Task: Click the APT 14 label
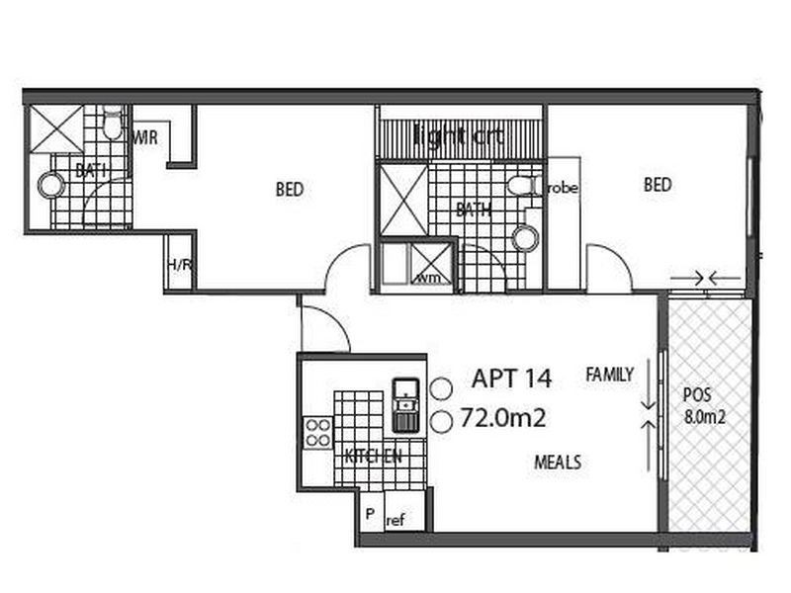tap(511, 378)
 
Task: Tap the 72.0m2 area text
tap(502, 419)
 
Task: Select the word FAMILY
tap(609, 375)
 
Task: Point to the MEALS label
tap(558, 462)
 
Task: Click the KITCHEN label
tap(373, 457)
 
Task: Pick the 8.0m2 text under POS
tap(705, 417)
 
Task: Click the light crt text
tap(459, 136)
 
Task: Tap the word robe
tap(563, 187)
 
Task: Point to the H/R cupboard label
tap(179, 264)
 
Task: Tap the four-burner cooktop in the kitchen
tap(317, 432)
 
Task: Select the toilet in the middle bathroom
tap(521, 186)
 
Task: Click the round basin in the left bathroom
tap(50, 186)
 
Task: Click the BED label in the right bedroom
tap(658, 184)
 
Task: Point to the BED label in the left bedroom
tap(289, 189)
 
